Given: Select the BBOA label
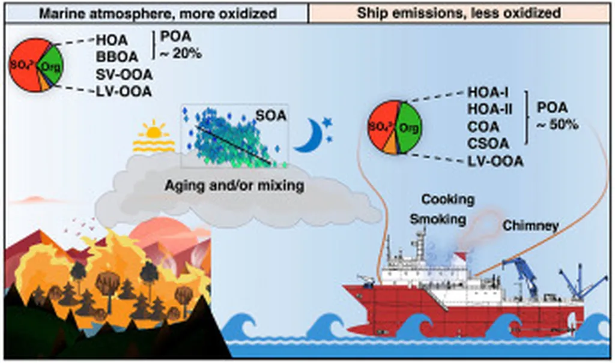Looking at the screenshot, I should [117, 58].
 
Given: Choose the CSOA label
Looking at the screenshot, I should [488, 143].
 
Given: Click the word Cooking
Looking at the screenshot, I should [447, 199].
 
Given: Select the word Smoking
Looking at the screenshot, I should [438, 220].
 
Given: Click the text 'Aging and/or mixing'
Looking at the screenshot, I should [234, 186].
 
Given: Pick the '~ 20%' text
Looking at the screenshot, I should [179, 54].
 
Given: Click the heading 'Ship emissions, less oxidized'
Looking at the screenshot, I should [458, 12].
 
